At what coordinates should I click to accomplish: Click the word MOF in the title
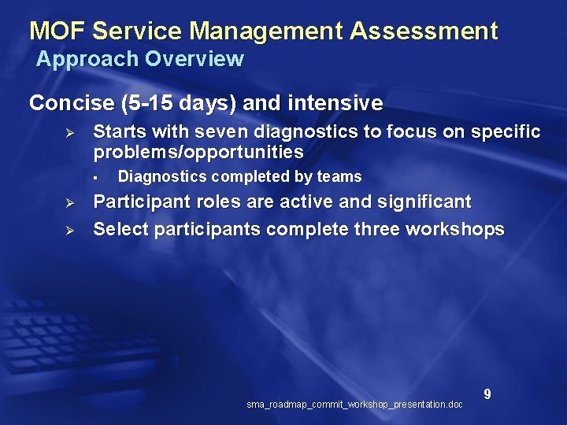(x=57, y=31)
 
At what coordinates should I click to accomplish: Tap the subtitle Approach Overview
(x=140, y=59)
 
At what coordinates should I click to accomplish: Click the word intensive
(x=335, y=103)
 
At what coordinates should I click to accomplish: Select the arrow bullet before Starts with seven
(x=69, y=131)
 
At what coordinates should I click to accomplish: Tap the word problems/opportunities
(x=198, y=151)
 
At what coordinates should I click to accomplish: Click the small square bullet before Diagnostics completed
(x=93, y=177)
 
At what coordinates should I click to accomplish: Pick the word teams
(x=340, y=177)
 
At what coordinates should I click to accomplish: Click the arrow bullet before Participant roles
(x=69, y=203)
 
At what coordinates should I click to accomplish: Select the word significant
(x=425, y=202)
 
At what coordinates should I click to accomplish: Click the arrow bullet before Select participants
(x=69, y=230)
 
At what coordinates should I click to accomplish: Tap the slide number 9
(x=487, y=394)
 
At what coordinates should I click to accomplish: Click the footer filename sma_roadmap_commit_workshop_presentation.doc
(x=354, y=405)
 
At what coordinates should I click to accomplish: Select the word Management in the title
(x=267, y=31)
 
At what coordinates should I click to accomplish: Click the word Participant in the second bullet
(x=138, y=202)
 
